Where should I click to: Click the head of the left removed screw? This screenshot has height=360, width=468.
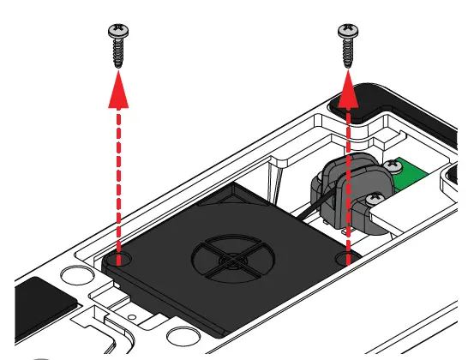[116, 33]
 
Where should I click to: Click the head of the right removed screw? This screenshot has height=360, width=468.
[349, 32]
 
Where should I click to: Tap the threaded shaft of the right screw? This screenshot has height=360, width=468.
[349, 54]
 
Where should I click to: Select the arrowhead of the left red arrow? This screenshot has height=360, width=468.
[117, 93]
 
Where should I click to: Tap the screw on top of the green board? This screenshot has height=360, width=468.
[397, 165]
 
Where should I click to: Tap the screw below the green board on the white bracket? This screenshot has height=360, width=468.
[372, 200]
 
